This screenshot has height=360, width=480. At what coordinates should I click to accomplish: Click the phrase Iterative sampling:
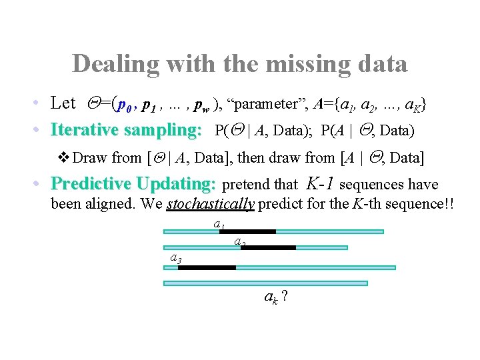[126, 129]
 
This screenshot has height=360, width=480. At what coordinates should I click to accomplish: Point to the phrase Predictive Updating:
[133, 183]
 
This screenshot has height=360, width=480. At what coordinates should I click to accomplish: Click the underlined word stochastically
[210, 203]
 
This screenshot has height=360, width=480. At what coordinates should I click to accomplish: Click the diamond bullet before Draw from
[65, 158]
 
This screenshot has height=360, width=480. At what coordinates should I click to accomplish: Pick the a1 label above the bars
[218, 225]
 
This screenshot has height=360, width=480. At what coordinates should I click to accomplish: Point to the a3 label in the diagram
[176, 257]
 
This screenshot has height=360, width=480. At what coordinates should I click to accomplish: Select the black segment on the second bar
[268, 248]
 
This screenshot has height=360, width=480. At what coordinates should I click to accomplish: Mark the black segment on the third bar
[207, 267]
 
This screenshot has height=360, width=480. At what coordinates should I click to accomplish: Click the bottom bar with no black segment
[265, 283]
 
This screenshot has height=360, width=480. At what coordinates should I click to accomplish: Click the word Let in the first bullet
[63, 103]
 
